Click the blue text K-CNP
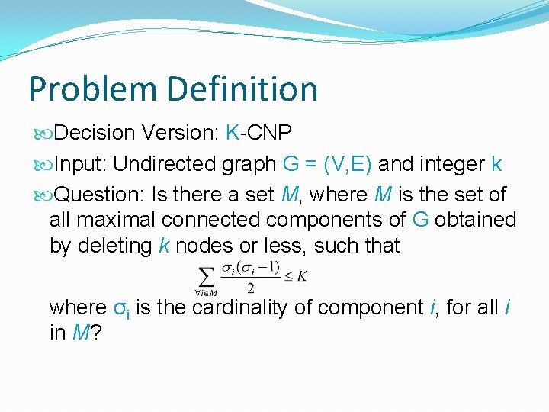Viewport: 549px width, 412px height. pos(259,134)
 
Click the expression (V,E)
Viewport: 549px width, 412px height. pos(347,164)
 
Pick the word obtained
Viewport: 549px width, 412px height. pos(477,220)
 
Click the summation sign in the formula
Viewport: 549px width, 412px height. pos(205,274)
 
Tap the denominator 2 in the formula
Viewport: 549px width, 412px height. pos(251,288)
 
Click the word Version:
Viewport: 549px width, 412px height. pos(181,134)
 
